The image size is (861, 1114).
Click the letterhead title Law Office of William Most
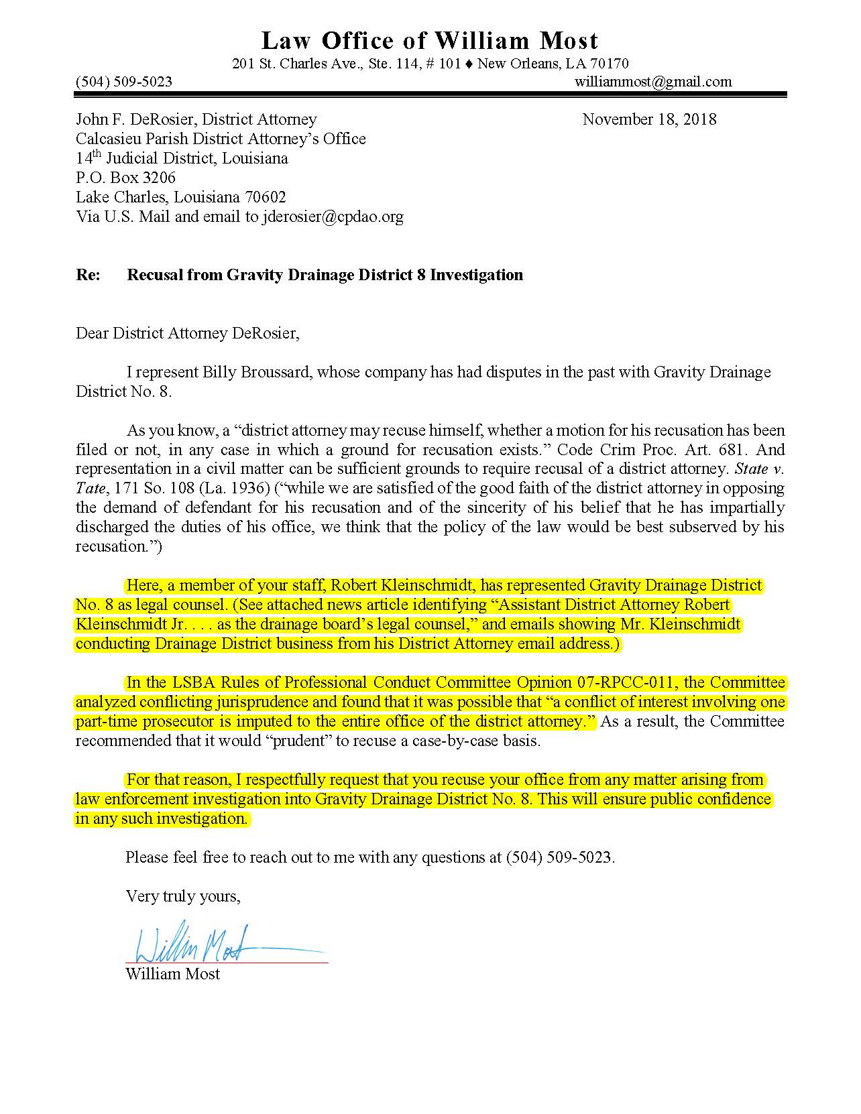[429, 41]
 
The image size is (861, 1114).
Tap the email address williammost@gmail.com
[652, 82]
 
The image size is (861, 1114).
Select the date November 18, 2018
[649, 119]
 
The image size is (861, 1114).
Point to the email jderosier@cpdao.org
[333, 216]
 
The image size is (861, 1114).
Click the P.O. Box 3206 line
[125, 178]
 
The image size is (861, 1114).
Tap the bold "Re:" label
[88, 275]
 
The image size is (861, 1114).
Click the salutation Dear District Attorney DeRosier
[187, 333]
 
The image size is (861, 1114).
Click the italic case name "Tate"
[87, 489]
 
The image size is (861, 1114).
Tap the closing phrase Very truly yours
[182, 896]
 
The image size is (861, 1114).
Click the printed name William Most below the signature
[172, 974]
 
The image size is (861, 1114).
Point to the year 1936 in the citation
[249, 489]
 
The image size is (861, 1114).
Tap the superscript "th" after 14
[95, 155]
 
